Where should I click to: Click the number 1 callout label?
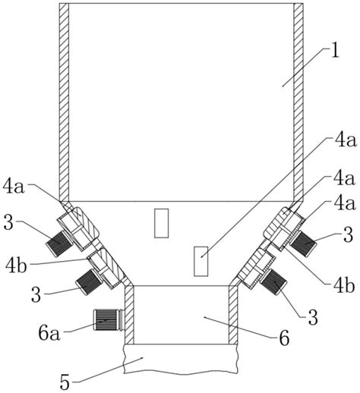coord(335,52)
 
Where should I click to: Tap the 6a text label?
coord(49,333)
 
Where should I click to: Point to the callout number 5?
coord(65,382)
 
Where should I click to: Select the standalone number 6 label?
coord(284,338)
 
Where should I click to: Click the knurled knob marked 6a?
coord(107,320)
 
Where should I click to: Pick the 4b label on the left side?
coord(16,265)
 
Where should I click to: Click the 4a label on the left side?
coord(14,187)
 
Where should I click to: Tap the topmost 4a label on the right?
coord(345,140)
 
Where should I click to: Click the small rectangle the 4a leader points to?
coord(201,261)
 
